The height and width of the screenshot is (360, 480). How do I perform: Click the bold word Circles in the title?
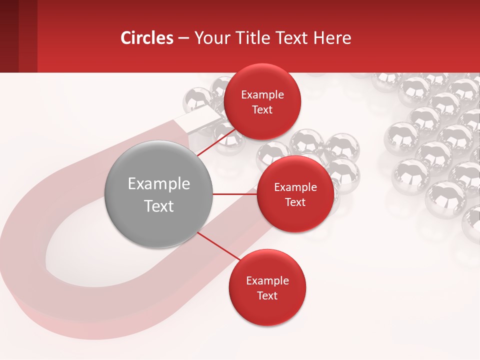(146, 38)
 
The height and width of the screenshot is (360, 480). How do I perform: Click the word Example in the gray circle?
(158, 184)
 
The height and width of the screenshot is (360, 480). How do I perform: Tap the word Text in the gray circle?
(158, 206)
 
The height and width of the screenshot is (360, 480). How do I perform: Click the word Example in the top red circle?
(262, 95)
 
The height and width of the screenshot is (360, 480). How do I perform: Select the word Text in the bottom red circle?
(267, 296)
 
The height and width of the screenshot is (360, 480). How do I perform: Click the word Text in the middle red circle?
(295, 202)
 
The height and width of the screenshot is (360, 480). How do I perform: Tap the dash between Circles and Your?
(183, 38)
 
